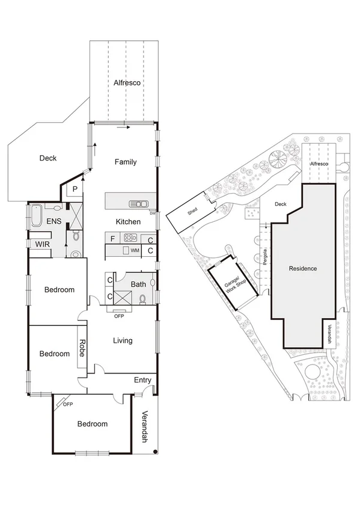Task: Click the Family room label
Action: (x=126, y=162)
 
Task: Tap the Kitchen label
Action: (x=128, y=222)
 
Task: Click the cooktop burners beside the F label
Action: (x=130, y=238)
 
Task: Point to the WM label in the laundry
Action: (x=135, y=250)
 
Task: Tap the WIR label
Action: (x=42, y=245)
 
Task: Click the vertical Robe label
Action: (x=82, y=348)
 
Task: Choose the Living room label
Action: (x=123, y=340)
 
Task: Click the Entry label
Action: (x=142, y=379)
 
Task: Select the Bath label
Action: (x=138, y=284)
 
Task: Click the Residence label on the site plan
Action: (x=302, y=268)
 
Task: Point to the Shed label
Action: (x=192, y=211)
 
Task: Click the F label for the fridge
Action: (x=112, y=238)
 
